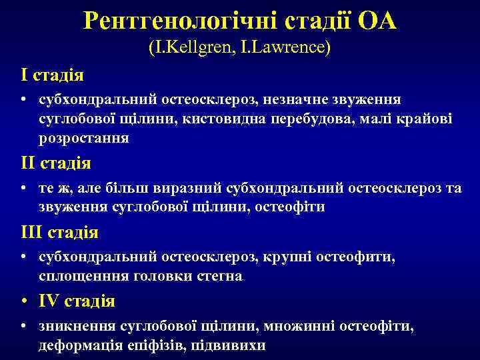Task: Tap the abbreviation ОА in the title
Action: coord(377,21)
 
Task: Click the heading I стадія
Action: coord(52,75)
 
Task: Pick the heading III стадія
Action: coord(59,233)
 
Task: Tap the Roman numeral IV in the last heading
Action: coord(49,301)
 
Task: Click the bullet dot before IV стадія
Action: coord(24,302)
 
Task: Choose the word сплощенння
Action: coord(85,276)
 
